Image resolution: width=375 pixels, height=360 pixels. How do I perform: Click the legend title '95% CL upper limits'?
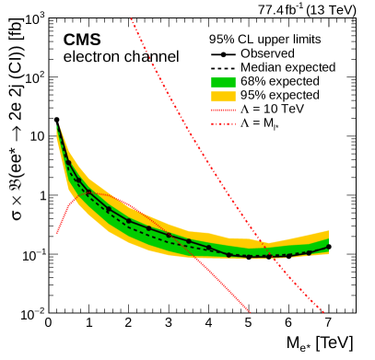point(264,40)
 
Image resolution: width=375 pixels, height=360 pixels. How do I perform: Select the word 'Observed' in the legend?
point(267,53)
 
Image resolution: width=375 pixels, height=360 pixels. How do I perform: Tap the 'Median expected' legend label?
point(287,67)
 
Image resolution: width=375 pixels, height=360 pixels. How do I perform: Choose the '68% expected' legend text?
point(280,81)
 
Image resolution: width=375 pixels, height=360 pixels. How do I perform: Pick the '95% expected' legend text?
point(280,95)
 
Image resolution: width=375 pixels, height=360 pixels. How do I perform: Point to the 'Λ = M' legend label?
point(262,122)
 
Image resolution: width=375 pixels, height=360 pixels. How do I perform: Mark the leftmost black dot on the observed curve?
point(67,163)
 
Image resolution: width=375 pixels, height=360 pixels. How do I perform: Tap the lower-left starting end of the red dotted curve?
point(56,233)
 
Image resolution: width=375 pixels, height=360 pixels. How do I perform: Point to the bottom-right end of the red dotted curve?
point(252,313)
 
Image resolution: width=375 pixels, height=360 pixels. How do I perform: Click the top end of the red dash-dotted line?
point(131,18)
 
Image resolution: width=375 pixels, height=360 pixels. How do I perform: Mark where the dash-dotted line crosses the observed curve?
point(269,255)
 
